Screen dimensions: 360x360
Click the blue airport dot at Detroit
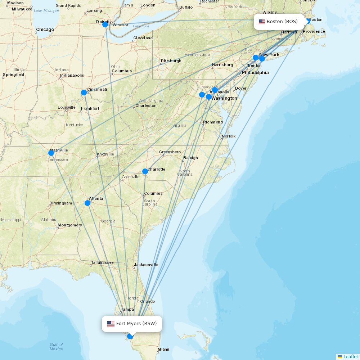[x=105, y=24]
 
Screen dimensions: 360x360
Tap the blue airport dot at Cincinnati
[x=84, y=93]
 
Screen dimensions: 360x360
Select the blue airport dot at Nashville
[x=51, y=153]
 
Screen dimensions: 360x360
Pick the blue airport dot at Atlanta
[x=87, y=203]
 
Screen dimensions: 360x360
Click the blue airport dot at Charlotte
[x=145, y=171]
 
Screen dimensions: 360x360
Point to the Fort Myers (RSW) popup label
[x=132, y=324]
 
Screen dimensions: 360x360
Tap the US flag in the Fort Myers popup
[x=111, y=324]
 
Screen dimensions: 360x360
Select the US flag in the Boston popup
[x=262, y=22]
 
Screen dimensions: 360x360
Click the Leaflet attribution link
[x=350, y=356]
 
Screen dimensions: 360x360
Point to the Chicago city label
[x=45, y=30]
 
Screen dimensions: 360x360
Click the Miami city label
[x=163, y=349]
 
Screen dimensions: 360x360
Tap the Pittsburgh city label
[x=171, y=61]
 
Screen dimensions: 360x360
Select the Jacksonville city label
[x=146, y=265]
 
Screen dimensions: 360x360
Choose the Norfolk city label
[x=229, y=136]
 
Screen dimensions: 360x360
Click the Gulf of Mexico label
[x=57, y=347]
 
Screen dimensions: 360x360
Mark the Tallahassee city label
[x=102, y=262]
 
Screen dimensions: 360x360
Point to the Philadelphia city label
[x=255, y=73]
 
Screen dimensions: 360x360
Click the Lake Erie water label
[x=140, y=26]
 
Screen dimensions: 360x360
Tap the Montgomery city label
[x=70, y=225]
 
